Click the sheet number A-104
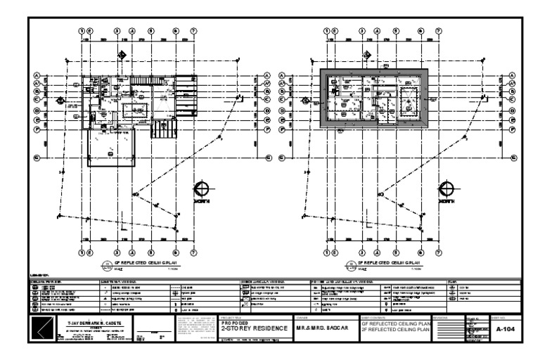pyautogui.click(x=502, y=328)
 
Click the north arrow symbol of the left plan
pyautogui.click(x=201, y=190)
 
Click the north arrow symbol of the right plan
pyautogui.click(x=444, y=190)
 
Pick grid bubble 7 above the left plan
pyautogui.click(x=194, y=31)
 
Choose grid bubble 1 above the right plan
pyautogui.click(x=328, y=31)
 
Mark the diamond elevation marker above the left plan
pyautogui.click(x=121, y=54)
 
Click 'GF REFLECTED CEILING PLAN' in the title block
pyautogui.click(x=393, y=324)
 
